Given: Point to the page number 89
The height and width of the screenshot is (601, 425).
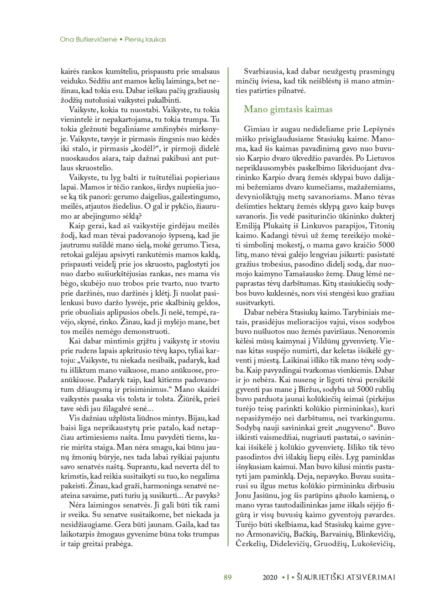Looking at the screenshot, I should [x=228, y=577].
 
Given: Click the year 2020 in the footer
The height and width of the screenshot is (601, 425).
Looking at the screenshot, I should [x=271, y=577].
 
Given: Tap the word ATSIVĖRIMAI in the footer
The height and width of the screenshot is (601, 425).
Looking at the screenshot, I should [x=367, y=577].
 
